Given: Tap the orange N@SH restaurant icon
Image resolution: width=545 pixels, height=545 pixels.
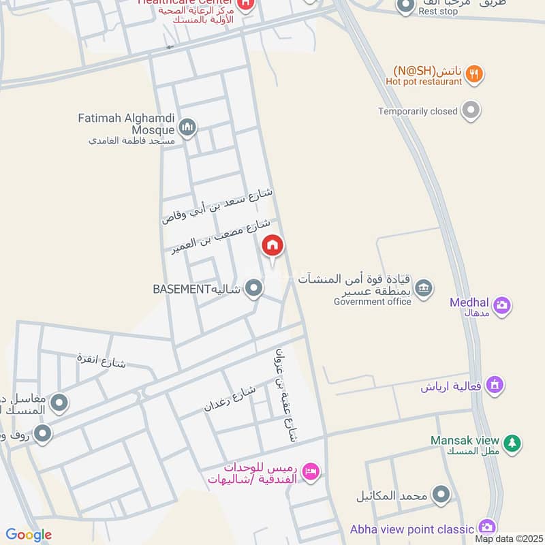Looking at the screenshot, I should pyautogui.click(x=476, y=74).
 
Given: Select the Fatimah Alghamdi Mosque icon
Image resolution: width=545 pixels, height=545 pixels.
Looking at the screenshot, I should pyautogui.click(x=188, y=127).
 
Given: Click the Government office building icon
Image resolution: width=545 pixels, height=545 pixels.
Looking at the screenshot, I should pyautogui.click(x=424, y=287).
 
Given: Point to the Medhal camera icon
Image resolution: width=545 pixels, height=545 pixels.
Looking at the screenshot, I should pyautogui.click(x=501, y=305).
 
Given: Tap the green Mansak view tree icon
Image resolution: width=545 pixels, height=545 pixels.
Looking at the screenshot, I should pyautogui.click(x=512, y=444).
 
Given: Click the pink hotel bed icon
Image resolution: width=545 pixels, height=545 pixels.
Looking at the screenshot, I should pyautogui.click(x=311, y=471).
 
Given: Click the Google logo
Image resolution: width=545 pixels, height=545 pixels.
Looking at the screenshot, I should pyautogui.click(x=29, y=535).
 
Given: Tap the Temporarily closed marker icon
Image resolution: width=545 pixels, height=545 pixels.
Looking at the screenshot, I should pyautogui.click(x=470, y=110).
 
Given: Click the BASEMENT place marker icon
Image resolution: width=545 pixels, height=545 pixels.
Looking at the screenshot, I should pyautogui.click(x=254, y=289).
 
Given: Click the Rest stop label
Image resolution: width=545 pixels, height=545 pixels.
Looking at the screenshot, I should pyautogui.click(x=438, y=12).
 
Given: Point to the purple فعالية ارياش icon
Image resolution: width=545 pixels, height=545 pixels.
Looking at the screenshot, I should pyautogui.click(x=495, y=386).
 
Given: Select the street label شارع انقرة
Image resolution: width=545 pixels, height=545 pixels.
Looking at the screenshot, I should pyautogui.click(x=102, y=359).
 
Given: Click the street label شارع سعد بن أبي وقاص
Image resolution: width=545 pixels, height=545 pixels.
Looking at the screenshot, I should pyautogui.click(x=217, y=206).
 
